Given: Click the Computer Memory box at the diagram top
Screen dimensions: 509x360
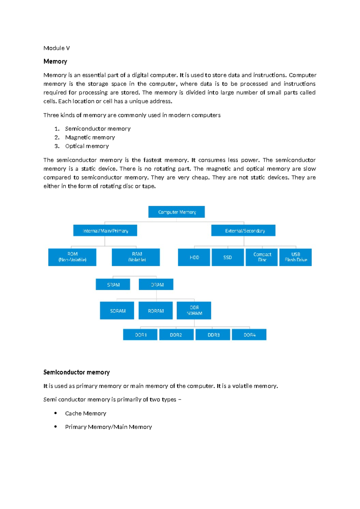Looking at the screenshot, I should coord(176,212).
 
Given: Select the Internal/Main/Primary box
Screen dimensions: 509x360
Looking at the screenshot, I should coord(105,230).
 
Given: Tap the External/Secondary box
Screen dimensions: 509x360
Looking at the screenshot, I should coord(243,230).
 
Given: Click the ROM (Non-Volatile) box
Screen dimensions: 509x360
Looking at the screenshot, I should coord(72,257).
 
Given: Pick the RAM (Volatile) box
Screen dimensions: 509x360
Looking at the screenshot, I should coord(136,257).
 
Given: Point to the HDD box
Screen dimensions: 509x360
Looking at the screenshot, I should coord(194,258).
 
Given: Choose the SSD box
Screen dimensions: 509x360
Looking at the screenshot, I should coord(228,258).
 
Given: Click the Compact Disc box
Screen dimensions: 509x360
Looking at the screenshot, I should coord(262,258).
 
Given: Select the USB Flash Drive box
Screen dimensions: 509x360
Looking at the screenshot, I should coord(295,258).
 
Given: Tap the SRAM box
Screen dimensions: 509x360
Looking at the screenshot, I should coord(113,285).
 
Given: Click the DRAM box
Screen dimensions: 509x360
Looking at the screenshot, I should coord(156,285).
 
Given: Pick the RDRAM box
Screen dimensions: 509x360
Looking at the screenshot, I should coord(155,311).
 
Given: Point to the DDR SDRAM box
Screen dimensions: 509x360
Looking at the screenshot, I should coord(194,311).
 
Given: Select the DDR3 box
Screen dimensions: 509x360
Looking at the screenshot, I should coord(213,335).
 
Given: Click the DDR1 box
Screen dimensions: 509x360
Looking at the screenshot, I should coord(140,335).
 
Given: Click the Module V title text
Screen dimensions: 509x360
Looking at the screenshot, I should coord(57,48).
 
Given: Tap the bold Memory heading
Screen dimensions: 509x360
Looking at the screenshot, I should coord(55,62).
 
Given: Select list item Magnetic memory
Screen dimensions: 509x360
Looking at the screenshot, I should coord(90,137).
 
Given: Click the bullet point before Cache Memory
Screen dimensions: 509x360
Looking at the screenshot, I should coord(55,413).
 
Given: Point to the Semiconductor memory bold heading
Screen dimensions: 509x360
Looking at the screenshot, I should coord(76,372).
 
